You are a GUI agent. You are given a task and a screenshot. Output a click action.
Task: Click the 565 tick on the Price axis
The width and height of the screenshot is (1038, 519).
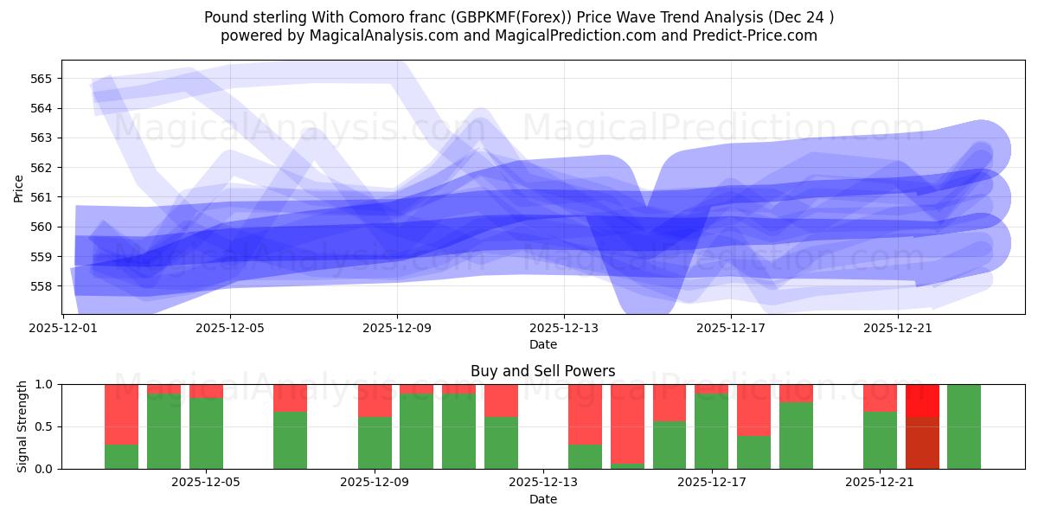pyautogui.click(x=42, y=79)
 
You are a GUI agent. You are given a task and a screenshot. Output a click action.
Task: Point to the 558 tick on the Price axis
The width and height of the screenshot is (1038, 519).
pyautogui.click(x=42, y=286)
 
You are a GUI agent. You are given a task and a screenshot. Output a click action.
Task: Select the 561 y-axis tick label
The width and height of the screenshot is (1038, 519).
pyautogui.click(x=42, y=197)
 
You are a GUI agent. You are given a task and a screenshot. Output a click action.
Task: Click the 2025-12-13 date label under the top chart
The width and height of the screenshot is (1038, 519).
pyautogui.click(x=564, y=328)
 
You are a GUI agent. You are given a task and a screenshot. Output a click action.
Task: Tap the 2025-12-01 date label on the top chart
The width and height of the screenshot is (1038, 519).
pyautogui.click(x=63, y=328)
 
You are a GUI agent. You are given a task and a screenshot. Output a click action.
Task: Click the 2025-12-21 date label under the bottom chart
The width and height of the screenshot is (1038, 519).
pyautogui.click(x=880, y=483)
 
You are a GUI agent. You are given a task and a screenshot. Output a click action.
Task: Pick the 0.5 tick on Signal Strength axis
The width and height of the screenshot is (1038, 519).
pyautogui.click(x=45, y=426)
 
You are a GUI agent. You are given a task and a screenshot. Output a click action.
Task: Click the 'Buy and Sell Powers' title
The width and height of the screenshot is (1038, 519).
pyautogui.click(x=542, y=371)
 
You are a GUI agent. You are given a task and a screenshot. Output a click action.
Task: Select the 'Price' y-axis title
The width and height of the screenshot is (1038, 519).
pyautogui.click(x=19, y=187)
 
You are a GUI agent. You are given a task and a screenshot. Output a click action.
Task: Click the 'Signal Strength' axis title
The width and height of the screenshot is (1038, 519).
pyautogui.click(x=22, y=426)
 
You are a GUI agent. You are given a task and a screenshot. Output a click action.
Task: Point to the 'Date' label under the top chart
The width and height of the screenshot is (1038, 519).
pyautogui.click(x=542, y=344)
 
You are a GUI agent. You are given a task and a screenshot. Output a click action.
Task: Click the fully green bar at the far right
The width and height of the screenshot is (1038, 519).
pyautogui.click(x=964, y=426)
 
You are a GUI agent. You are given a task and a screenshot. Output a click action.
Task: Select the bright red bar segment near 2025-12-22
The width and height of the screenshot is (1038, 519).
pyautogui.click(x=922, y=400)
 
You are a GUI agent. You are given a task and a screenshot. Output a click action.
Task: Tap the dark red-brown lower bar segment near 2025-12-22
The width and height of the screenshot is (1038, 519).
pyautogui.click(x=922, y=443)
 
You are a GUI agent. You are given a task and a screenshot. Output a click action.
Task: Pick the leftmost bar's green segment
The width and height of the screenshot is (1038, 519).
pyautogui.click(x=121, y=457)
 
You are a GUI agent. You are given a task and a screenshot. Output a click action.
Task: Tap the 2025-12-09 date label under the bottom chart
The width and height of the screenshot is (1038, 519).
pyautogui.click(x=375, y=483)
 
